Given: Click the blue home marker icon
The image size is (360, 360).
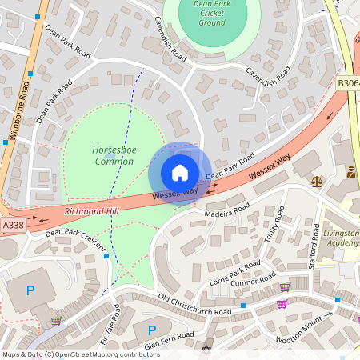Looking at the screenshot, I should [x=180, y=173].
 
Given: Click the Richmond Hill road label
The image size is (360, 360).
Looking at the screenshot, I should [x=91, y=211].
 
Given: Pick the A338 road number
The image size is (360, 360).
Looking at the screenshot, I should [x=12, y=226].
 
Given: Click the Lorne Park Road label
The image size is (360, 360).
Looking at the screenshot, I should [x=234, y=270].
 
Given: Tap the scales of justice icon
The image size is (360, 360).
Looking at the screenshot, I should [x=318, y=181].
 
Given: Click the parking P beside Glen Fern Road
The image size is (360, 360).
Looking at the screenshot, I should [x=151, y=330].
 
